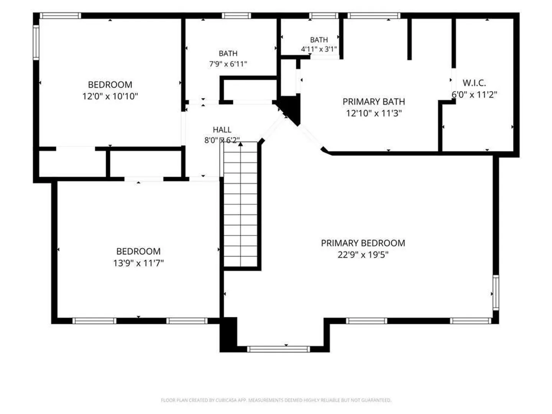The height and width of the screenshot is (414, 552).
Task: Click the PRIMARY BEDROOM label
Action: (x=363, y=243)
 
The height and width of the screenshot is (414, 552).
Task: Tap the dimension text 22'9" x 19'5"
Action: (x=363, y=255)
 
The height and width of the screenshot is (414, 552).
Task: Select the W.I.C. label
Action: (x=474, y=83)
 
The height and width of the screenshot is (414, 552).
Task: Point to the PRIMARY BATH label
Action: (x=374, y=102)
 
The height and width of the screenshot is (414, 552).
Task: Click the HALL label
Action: (x=222, y=130)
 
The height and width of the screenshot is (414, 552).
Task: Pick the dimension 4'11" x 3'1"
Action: (x=319, y=49)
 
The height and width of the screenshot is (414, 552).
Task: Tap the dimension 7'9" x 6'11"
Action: (x=228, y=64)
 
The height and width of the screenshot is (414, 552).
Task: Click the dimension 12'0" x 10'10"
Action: (x=110, y=96)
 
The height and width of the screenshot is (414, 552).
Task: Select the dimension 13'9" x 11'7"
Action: (x=138, y=263)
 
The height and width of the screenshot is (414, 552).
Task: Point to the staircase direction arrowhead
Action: (x=240, y=144)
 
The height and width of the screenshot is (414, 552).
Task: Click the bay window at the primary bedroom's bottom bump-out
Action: (x=278, y=349)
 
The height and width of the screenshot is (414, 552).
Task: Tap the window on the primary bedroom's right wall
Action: (x=495, y=292)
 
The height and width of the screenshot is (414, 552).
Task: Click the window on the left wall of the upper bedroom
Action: (x=36, y=43)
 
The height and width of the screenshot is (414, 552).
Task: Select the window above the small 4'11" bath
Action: (x=324, y=16)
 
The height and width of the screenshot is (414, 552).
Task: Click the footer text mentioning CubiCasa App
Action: (x=276, y=400)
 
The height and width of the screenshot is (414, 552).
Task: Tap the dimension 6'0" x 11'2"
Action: (x=474, y=95)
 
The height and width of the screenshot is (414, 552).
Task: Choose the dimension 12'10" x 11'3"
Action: (x=374, y=113)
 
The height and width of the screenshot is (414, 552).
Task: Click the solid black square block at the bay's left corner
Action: (x=228, y=334)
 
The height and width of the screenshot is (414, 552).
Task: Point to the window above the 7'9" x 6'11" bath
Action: (x=237, y=16)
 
